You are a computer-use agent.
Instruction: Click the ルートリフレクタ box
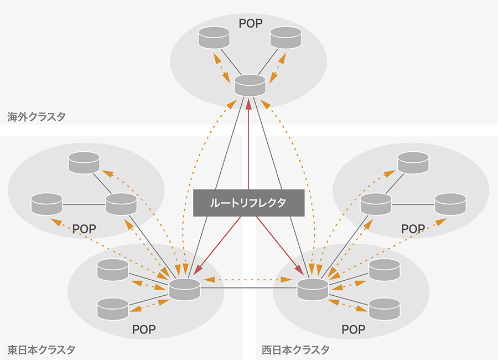[x=248, y=203]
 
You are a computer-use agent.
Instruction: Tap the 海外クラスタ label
[x=37, y=117]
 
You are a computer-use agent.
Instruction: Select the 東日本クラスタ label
[x=41, y=350]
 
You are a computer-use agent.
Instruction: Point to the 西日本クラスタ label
[x=295, y=350]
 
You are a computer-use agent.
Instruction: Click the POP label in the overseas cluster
[x=250, y=23]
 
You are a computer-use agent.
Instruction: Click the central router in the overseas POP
[x=250, y=85]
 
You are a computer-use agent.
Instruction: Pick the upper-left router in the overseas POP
[x=214, y=37]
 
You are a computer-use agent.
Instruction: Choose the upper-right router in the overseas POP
[x=286, y=37]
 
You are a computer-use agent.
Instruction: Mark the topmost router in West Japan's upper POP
[x=413, y=162]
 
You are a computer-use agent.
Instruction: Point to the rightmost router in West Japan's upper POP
[x=450, y=203]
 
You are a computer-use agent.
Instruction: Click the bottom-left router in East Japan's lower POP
[x=112, y=308]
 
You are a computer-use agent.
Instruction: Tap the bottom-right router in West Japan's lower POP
[x=384, y=308]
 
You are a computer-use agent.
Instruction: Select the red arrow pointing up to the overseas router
[x=249, y=144]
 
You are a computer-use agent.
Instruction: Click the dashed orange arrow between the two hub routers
[x=248, y=280]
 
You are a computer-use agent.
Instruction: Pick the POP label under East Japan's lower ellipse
[x=144, y=330]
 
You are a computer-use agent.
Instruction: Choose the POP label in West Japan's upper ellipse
[x=413, y=229]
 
